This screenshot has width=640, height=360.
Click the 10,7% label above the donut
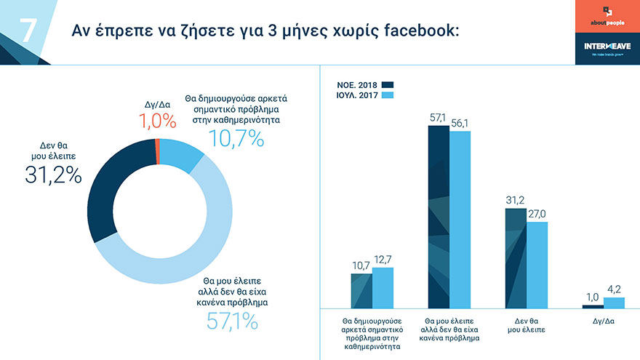point(236,137)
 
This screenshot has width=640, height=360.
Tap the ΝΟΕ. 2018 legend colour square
point(387,84)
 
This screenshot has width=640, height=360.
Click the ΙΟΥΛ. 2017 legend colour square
point(387,96)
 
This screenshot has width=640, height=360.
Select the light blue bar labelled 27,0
point(537,265)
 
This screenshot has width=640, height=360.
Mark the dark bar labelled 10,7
point(361,290)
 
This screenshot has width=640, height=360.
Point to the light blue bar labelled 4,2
point(614,303)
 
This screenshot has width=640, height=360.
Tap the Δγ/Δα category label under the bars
point(603,321)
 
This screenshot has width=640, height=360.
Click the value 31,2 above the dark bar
point(516,201)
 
